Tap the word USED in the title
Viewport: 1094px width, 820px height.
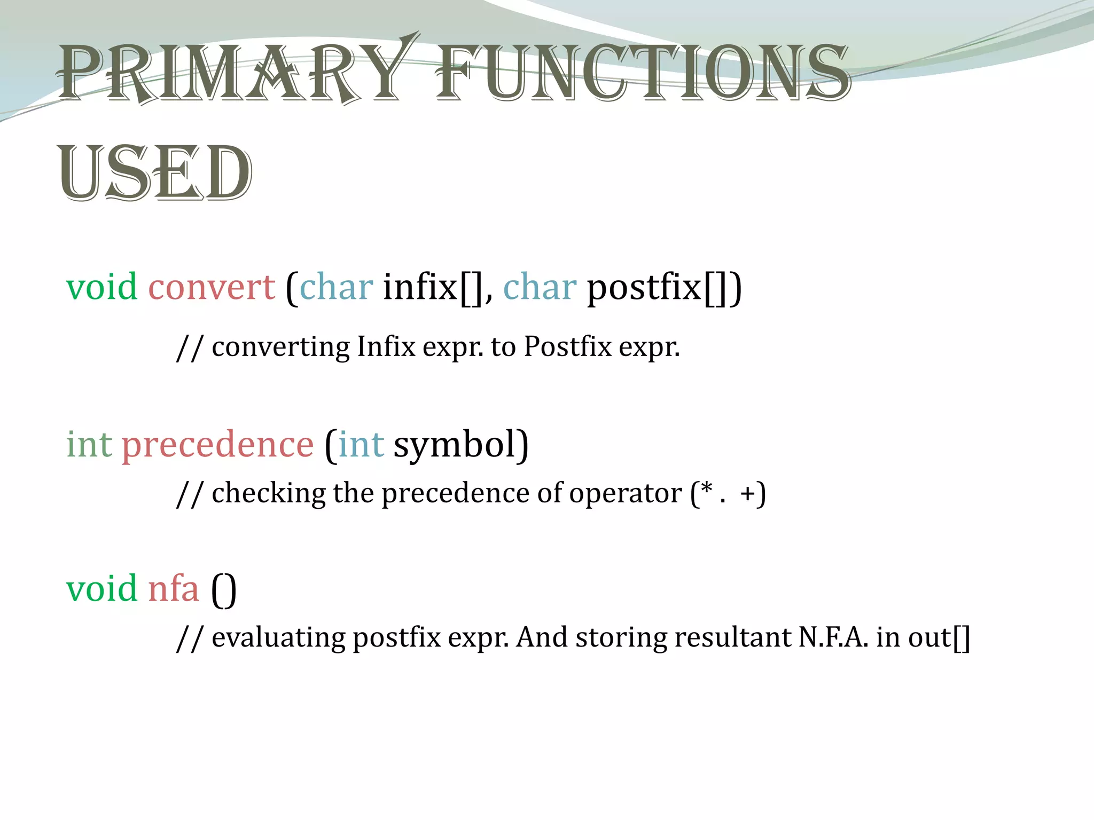(155, 174)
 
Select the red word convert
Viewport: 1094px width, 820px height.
(212, 287)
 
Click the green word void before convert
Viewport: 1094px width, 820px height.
(101, 287)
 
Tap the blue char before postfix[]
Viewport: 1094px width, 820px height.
(540, 287)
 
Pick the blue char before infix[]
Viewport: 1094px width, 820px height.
(336, 287)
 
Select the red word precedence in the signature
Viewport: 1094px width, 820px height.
(217, 444)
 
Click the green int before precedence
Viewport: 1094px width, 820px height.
(89, 444)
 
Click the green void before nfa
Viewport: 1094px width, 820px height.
(101, 589)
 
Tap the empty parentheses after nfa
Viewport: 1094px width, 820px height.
(224, 590)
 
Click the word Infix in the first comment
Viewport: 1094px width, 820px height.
(386, 346)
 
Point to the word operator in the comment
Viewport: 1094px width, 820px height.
(625, 493)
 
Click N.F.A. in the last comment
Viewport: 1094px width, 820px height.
(833, 637)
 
